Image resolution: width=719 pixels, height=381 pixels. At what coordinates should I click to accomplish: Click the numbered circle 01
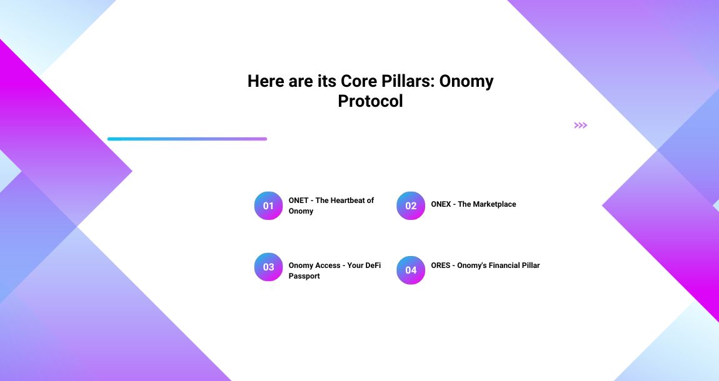point(268,205)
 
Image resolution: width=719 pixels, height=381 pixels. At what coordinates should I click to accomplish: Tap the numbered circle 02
point(411,205)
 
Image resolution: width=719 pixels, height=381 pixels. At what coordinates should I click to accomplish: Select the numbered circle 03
point(268,267)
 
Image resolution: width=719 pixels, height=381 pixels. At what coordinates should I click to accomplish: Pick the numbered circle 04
point(411,270)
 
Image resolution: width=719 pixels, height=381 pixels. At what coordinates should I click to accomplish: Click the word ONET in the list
point(298,200)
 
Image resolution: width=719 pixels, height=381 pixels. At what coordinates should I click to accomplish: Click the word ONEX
point(441,204)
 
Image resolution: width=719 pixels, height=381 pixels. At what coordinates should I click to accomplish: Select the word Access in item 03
point(328,265)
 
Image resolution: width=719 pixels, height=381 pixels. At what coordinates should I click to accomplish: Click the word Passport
point(304,276)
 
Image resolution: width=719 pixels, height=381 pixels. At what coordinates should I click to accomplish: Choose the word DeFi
point(373,265)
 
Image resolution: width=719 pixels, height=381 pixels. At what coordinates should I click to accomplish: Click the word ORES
point(440,265)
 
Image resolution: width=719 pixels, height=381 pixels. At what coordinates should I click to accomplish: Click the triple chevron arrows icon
point(580,126)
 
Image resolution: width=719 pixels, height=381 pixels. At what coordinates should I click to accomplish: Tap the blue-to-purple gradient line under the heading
point(187,139)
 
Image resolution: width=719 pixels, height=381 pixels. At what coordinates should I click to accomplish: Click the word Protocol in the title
point(370,101)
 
